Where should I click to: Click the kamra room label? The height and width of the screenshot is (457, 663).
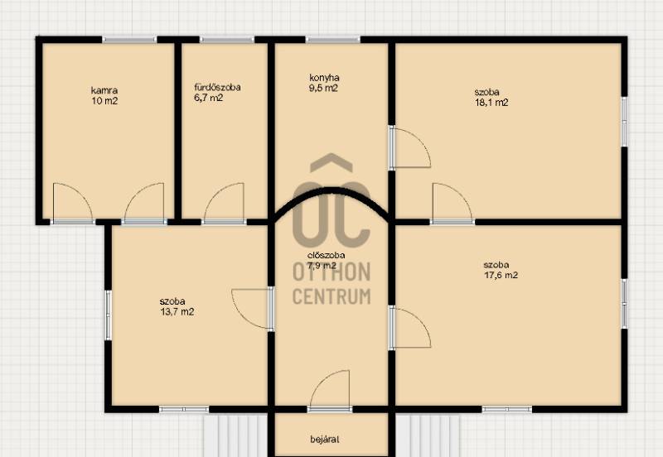coord(104,90)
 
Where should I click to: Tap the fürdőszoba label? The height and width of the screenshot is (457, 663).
coord(217,88)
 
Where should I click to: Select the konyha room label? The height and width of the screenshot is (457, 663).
coord(324,78)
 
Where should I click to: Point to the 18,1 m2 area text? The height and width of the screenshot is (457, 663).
coord(491,102)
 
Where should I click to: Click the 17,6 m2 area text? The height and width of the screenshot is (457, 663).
coord(501,275)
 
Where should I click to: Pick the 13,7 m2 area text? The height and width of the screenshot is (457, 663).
coord(177,312)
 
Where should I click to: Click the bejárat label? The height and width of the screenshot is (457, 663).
coord(325,440)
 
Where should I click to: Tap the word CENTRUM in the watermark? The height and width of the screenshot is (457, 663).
coord(331,296)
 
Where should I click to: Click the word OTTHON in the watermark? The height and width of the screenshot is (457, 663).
coord(331,272)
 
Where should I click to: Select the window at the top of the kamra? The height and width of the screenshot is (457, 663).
coord(129,40)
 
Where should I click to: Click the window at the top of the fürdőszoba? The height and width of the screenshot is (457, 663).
coord(227,40)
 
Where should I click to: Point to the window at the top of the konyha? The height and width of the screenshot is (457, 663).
coord(333,40)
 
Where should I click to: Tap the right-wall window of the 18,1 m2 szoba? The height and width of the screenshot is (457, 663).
coord(624,122)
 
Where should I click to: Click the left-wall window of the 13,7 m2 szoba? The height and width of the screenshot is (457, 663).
coord(109,315)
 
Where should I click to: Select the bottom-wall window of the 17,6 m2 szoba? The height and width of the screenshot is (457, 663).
coord(506,409)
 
